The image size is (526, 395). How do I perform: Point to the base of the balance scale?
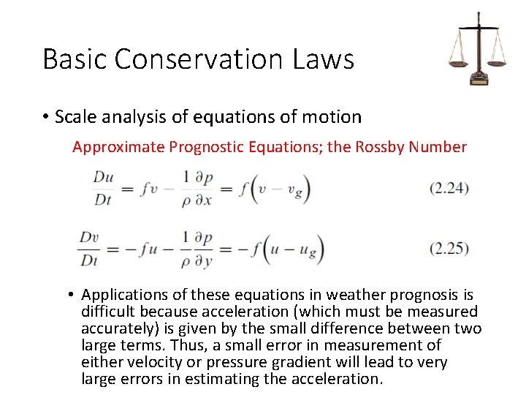(x=479, y=78)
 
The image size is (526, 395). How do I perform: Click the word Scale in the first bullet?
(x=73, y=116)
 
